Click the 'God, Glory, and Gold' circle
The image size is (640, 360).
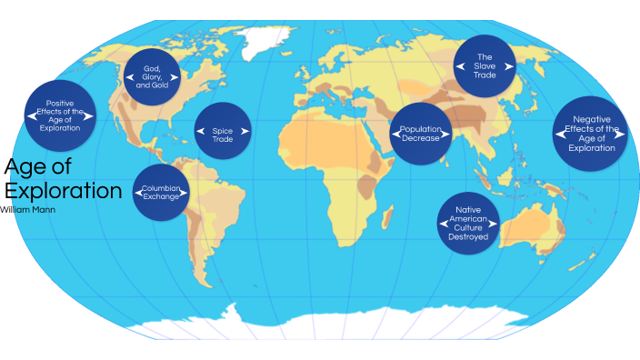[x=152, y=72]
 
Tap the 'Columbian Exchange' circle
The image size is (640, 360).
[x=161, y=192]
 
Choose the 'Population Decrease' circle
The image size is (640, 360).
[x=420, y=134]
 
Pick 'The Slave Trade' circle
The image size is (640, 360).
[x=485, y=65]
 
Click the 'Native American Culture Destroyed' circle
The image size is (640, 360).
[x=468, y=223]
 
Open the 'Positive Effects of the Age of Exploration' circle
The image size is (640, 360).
[x=53, y=115]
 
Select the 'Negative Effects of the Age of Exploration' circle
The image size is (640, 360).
[x=592, y=133]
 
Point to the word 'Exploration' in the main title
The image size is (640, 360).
[x=63, y=191]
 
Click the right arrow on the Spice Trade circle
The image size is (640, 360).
[x=245, y=131]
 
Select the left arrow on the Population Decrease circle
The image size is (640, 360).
[x=395, y=134]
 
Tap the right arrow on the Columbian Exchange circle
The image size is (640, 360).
[x=187, y=192]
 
